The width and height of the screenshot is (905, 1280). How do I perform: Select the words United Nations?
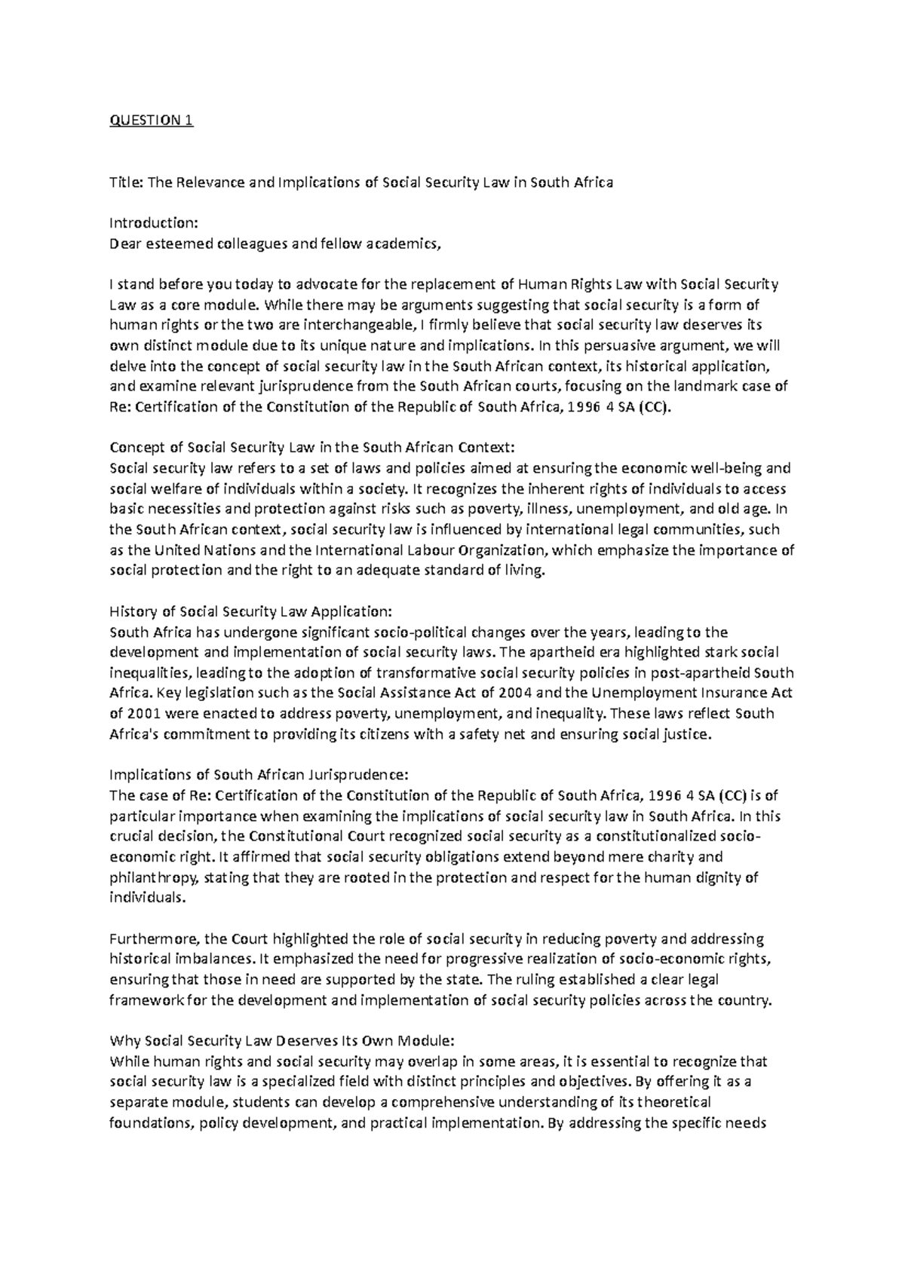(183, 550)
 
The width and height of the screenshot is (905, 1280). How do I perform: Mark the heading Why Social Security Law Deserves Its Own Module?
(282, 1041)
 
